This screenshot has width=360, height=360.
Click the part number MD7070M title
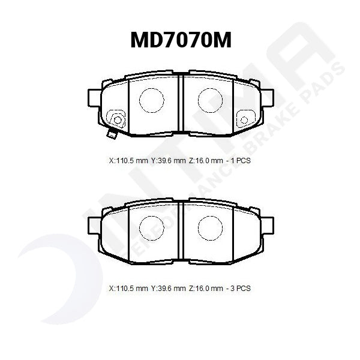pyautogui.click(x=181, y=40)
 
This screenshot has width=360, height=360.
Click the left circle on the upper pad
pyautogui.click(x=151, y=100)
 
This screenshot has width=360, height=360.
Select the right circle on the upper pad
pyautogui.click(x=210, y=100)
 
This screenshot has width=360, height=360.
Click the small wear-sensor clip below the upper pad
pyautogui.click(x=111, y=134)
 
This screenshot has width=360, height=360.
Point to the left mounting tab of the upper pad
pyautogui.click(x=95, y=98)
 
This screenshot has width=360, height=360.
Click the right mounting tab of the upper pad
pyautogui.click(x=266, y=98)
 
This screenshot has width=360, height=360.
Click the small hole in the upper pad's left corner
pyautogui.click(x=117, y=120)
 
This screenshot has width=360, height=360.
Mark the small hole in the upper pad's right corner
pyautogui.click(x=244, y=120)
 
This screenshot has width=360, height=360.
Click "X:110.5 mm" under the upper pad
pyautogui.click(x=128, y=161)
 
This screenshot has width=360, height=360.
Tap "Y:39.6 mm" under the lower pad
pyautogui.click(x=169, y=288)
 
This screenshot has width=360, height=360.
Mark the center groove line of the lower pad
pyautogui.click(x=181, y=231)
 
